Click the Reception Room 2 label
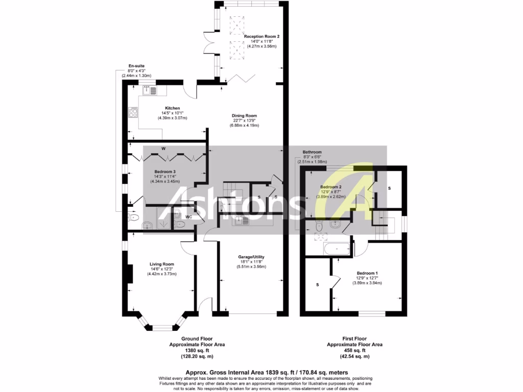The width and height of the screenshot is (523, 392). pyautogui.click(x=261, y=37)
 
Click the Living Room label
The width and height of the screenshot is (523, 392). pyautogui.click(x=162, y=264)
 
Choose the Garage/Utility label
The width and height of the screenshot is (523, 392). pyautogui.click(x=251, y=257)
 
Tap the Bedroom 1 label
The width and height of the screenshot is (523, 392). pyautogui.click(x=367, y=273)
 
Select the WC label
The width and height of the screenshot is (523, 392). pyautogui.click(x=188, y=217)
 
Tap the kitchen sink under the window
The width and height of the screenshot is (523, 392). pyautogui.click(x=152, y=90)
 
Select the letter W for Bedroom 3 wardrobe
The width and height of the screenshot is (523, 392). pyautogui.click(x=163, y=149)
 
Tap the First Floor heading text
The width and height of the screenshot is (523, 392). pyautogui.click(x=354, y=338)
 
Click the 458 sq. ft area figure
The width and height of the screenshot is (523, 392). pyautogui.click(x=354, y=351)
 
